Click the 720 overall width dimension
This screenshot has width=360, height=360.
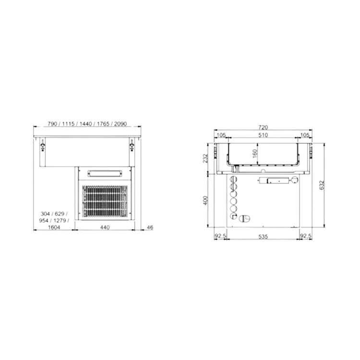263,128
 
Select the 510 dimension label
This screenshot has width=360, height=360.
263,136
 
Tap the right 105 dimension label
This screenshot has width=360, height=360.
304,136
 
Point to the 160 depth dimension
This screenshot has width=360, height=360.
255,154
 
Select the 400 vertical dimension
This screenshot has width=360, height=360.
205,200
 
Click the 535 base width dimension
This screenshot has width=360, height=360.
263,236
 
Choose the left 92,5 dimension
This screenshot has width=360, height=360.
220,236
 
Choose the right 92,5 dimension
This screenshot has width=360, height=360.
306,236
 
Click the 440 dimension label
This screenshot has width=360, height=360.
105,228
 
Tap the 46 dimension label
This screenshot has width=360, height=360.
150,228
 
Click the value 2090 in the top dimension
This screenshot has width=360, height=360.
119,124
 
